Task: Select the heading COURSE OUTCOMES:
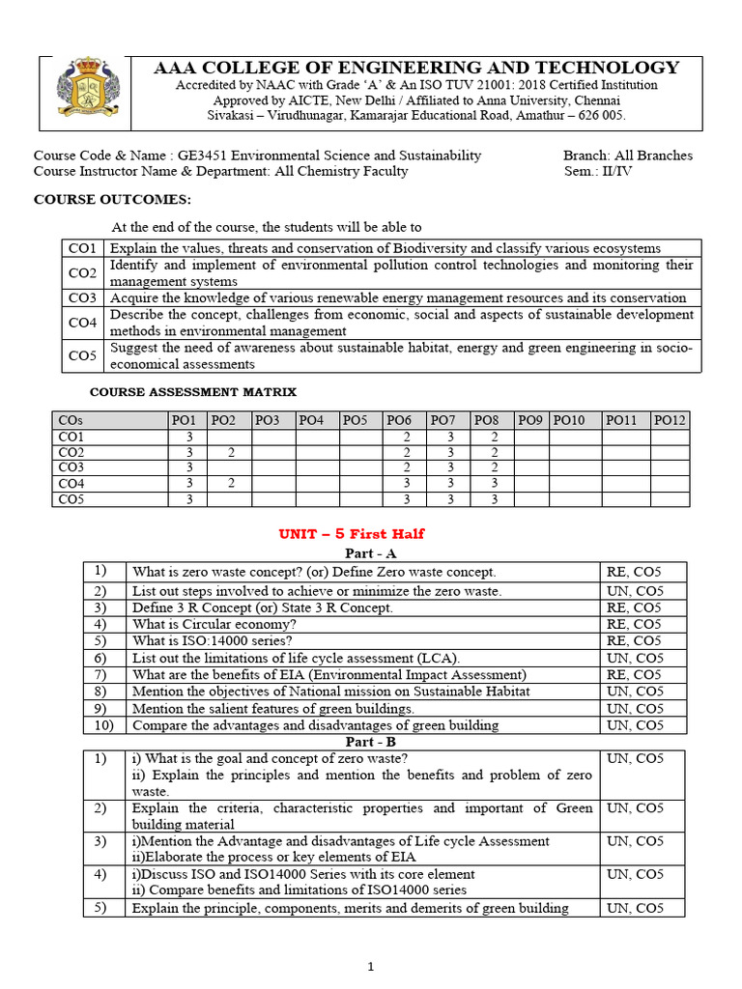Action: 113,200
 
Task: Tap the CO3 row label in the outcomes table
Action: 82,297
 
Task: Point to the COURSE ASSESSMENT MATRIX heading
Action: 193,392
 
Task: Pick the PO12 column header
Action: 669,420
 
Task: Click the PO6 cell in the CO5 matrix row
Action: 405,499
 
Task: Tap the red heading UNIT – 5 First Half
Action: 352,534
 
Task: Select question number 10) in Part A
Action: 103,724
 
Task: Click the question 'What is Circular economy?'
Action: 214,624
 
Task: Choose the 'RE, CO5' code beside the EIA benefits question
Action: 633,674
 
